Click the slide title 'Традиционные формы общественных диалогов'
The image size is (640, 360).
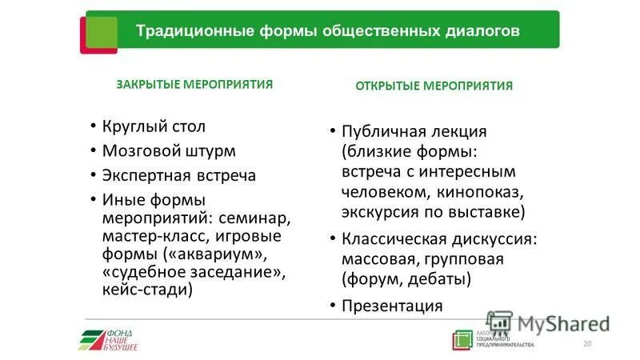pos(328,31)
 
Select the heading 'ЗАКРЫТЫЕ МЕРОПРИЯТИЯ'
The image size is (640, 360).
pos(194,84)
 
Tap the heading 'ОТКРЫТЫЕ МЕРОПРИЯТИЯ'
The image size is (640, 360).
pos(434,86)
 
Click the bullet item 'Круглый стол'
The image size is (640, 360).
pos(154,126)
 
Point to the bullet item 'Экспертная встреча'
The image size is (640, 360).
pos(178,175)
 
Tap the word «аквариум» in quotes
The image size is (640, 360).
pos(214,254)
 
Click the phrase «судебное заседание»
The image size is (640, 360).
pos(193,273)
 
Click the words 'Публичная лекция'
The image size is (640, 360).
pos(414,131)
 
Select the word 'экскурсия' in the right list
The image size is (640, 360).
pos(378,212)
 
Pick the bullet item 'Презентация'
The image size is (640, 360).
pos(392,306)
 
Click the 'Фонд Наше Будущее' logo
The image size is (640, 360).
pos(108,339)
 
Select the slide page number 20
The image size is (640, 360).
pos(587,343)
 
